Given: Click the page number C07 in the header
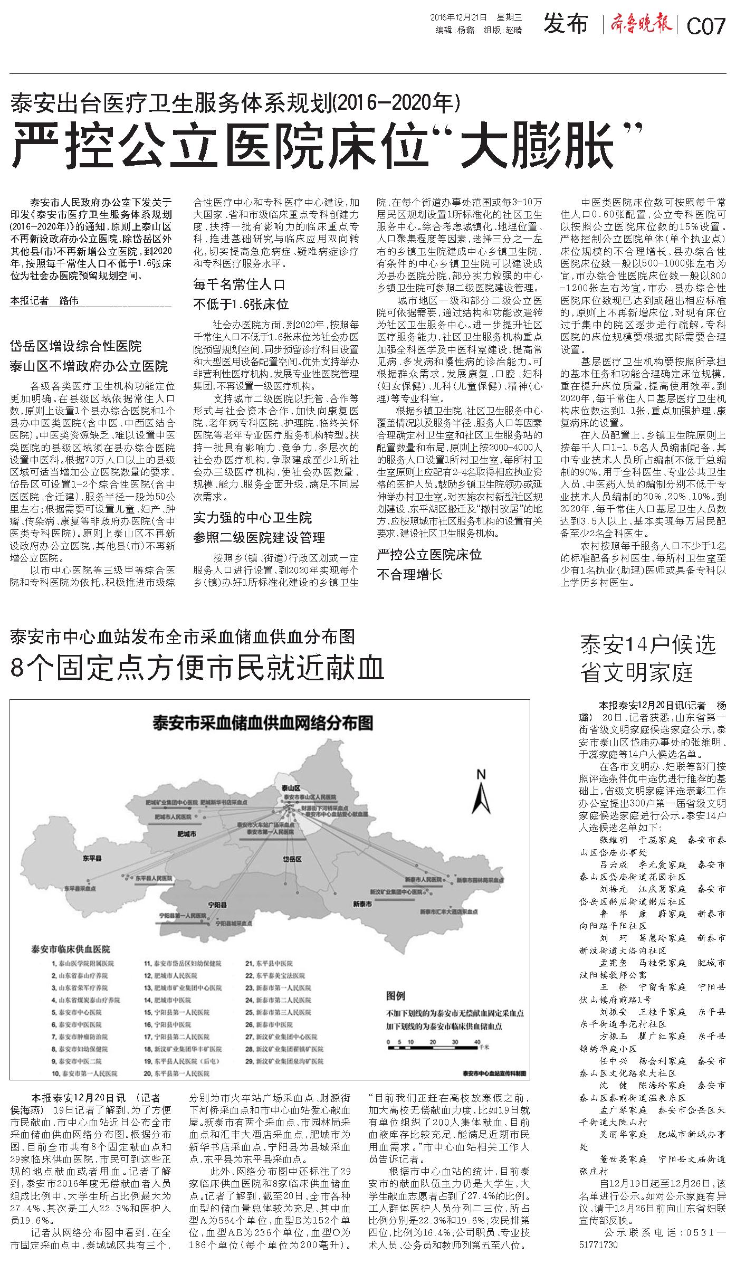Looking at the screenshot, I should [706, 26].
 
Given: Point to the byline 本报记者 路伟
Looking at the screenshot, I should [44, 301].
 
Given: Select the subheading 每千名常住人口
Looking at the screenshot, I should [239, 284].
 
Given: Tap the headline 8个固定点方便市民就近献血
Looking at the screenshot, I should [197, 668].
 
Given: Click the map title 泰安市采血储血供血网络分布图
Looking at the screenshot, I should [262, 721].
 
